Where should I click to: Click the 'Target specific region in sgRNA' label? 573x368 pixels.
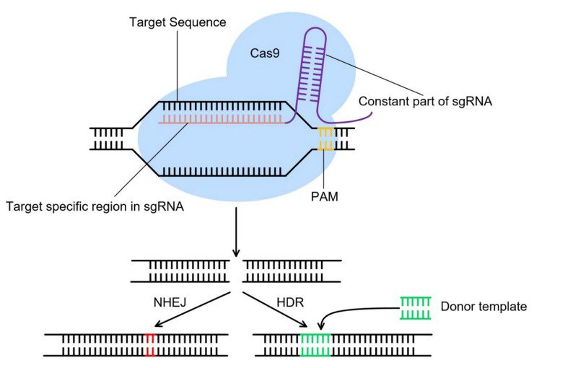pos(93,207)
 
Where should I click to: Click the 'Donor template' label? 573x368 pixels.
pos(484,307)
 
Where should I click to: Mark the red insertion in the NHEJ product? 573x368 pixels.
pos(149,344)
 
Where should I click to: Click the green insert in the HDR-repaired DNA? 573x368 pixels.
pos(315,344)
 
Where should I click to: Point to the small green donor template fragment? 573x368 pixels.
pos(416,307)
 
